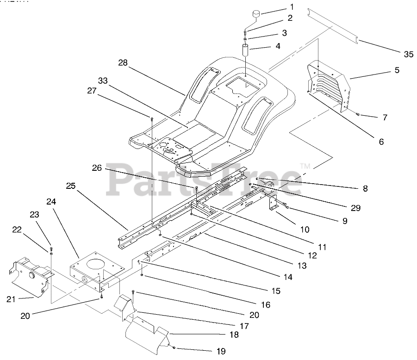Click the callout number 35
(x=408, y=54)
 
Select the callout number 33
(x=103, y=81)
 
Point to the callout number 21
(x=12, y=299)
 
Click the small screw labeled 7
(x=359, y=114)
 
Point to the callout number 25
(x=71, y=186)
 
